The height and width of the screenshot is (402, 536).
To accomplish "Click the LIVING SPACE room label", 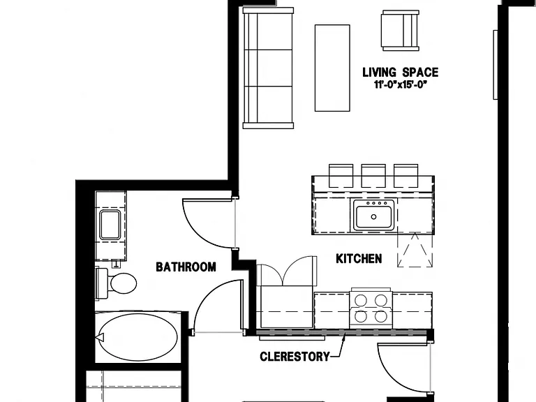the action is click(x=400, y=73).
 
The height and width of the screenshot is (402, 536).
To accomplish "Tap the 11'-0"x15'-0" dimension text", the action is click(x=401, y=84).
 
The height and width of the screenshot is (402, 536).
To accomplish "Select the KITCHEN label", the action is click(x=359, y=259).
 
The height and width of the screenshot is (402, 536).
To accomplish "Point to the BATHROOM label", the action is click(x=186, y=267).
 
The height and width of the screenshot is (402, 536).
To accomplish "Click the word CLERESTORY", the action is click(x=295, y=357).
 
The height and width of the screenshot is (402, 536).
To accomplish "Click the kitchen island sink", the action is click(x=374, y=216).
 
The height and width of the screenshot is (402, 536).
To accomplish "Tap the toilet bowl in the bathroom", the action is click(x=123, y=283).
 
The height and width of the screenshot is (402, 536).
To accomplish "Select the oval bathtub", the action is click(x=137, y=337).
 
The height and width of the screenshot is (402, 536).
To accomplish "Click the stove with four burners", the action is click(x=371, y=308).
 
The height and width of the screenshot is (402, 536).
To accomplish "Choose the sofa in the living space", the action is click(x=268, y=68).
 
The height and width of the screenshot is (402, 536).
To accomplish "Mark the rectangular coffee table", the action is click(x=332, y=68).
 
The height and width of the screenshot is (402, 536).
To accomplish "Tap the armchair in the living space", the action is click(x=401, y=30).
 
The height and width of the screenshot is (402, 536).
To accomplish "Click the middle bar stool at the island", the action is click(x=373, y=176).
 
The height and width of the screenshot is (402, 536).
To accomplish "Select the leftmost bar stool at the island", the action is click(x=341, y=176).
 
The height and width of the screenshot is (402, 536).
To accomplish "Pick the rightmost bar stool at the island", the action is click(x=405, y=176).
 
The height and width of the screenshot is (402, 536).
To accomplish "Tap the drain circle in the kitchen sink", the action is click(x=373, y=217).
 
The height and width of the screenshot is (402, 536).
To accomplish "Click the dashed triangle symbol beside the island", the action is click(x=415, y=250).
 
